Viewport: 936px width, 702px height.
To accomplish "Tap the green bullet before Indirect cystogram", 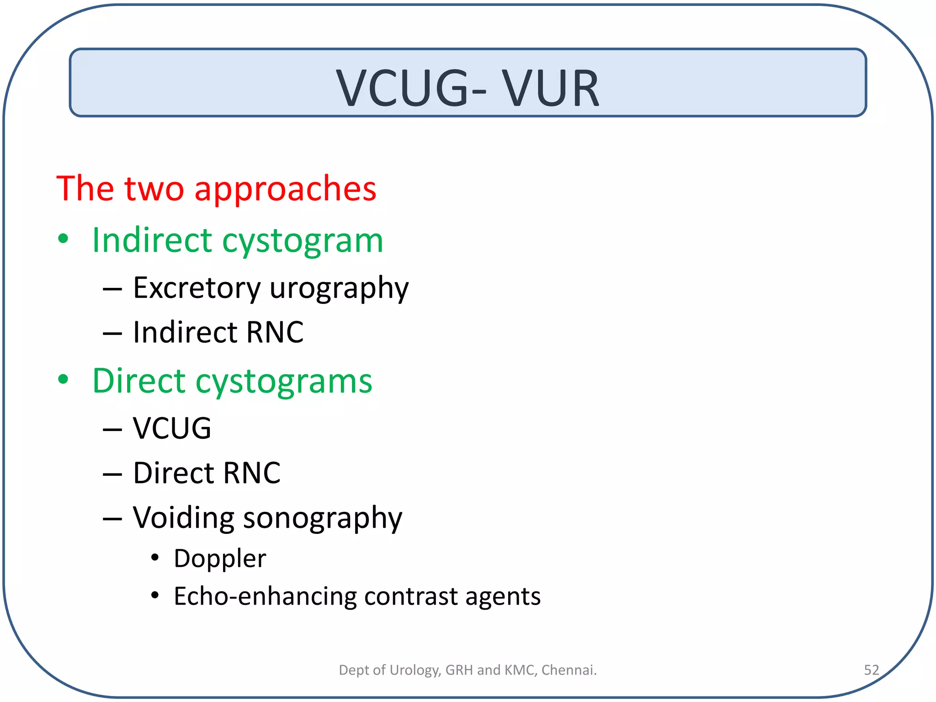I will [63, 239].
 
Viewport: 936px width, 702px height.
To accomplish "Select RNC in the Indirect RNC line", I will [274, 332].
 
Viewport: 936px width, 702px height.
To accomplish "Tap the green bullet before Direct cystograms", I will [63, 379].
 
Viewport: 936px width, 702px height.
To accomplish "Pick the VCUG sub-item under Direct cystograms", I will [172, 428].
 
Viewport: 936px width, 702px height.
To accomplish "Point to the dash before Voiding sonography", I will [112, 519].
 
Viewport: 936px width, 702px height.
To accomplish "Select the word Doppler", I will [220, 559].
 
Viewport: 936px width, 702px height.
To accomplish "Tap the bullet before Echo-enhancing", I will [155, 596].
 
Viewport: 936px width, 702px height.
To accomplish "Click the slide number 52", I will [871, 670].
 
